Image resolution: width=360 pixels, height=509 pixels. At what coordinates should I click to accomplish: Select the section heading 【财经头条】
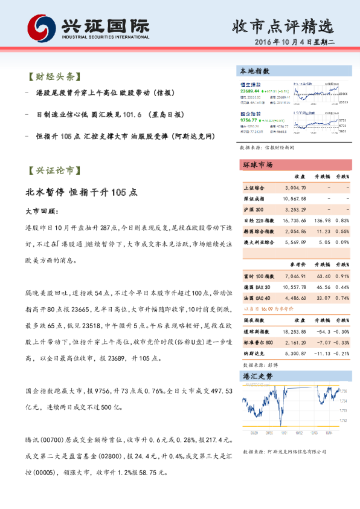point(54,77)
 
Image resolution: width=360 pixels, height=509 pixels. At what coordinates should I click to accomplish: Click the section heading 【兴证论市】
point(54,171)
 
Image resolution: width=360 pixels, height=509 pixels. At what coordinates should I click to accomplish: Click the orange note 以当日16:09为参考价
point(264,308)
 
